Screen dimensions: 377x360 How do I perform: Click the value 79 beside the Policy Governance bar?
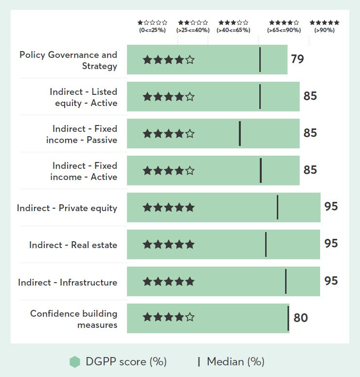pos(297,59)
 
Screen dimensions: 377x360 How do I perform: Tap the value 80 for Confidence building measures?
pos(301,318)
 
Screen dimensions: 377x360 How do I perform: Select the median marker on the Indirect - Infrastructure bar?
pos(286,281)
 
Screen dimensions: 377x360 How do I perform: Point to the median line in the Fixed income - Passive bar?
pos(240,133)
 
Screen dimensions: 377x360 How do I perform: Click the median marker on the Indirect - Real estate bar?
pos(266,244)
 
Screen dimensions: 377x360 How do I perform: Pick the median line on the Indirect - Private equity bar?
pos(277,207)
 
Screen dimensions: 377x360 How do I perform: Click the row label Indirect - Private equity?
pos(67,208)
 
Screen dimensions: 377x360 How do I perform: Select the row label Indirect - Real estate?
pos(73,245)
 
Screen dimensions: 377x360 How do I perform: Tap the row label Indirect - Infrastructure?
pos(68,282)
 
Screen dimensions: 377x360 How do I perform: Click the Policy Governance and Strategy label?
pos(69,60)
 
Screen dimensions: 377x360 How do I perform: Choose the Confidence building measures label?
pos(74,319)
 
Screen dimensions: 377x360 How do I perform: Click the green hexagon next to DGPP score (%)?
pos(74,361)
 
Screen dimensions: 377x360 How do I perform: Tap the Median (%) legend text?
pos(235,361)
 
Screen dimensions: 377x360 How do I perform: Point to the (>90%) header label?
pos(324,30)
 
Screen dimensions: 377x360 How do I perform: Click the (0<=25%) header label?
pos(152,30)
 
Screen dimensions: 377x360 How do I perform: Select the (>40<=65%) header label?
pos(234,30)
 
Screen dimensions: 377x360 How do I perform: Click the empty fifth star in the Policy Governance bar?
pos(190,60)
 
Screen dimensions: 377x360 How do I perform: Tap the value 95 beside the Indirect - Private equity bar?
pos(331,206)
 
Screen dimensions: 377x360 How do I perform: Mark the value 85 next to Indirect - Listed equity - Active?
pos(310,96)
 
